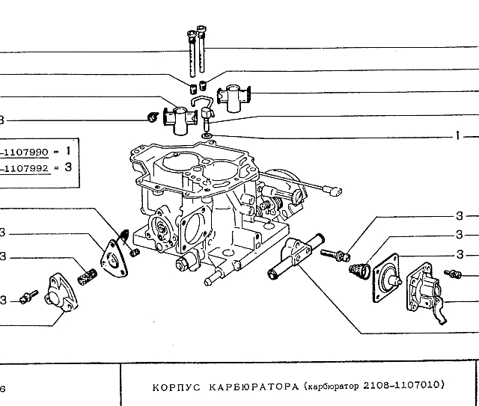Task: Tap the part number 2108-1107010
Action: click(x=405, y=386)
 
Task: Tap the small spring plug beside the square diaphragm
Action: click(x=359, y=268)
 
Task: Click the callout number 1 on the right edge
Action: click(x=456, y=137)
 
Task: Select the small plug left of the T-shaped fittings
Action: click(x=150, y=117)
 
